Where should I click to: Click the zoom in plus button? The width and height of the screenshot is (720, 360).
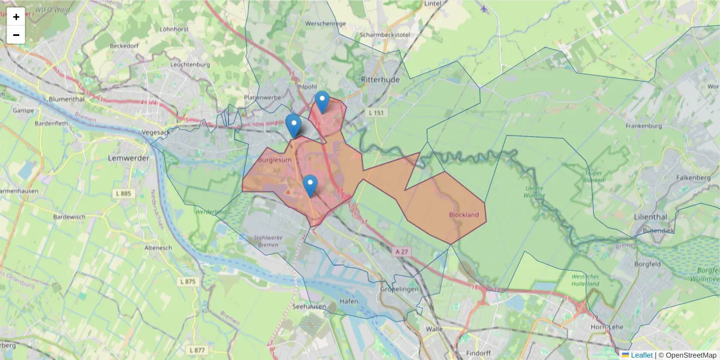16,17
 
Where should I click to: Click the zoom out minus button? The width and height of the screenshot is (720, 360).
16,35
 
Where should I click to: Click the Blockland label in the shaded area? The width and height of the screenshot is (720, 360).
464,215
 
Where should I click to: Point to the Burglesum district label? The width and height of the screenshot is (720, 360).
275,161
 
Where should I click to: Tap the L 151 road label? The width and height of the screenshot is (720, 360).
377,113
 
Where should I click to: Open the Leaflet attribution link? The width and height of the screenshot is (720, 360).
641,355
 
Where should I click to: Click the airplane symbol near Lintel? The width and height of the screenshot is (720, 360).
484,8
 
